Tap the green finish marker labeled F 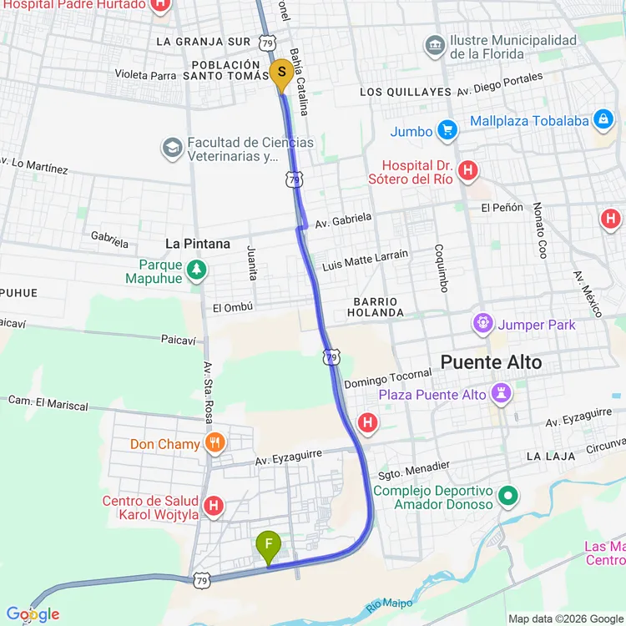269,547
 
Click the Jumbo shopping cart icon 448,131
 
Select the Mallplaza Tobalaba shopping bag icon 602,120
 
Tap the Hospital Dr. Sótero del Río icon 468,171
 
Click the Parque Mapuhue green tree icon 196,270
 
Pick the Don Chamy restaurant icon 215,443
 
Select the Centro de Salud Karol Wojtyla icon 214,506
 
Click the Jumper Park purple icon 483,324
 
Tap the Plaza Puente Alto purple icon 501,393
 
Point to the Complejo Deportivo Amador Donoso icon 507,498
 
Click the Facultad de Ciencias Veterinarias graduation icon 172,149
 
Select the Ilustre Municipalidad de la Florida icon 434,47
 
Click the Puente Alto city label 491,362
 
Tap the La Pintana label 198,244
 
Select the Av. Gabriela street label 343,220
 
